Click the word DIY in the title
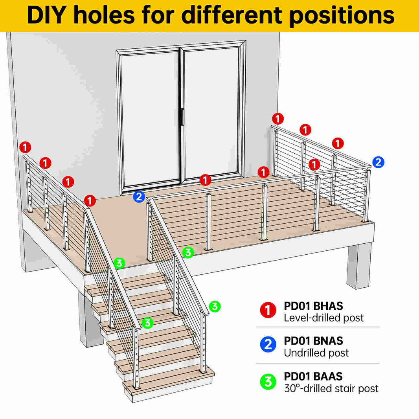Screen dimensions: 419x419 point(46,15)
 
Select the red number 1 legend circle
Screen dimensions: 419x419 point(268,310)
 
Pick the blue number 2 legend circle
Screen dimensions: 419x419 point(268,344)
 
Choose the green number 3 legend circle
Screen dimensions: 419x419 point(268,382)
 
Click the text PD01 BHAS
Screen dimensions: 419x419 point(313,306)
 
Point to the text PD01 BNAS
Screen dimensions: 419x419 point(313,341)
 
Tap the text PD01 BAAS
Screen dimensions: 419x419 point(313,377)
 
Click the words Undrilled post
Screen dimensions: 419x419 point(316,353)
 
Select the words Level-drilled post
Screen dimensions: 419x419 point(323,318)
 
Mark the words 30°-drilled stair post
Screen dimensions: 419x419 point(331,388)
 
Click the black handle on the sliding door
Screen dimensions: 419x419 point(182,117)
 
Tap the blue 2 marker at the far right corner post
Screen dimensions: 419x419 point(378,162)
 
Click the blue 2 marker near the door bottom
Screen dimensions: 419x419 point(139,197)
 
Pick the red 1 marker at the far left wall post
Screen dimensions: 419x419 point(26,147)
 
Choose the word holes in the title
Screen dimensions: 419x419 point(104,15)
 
